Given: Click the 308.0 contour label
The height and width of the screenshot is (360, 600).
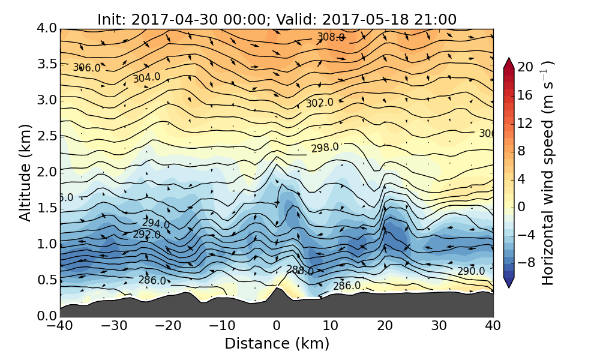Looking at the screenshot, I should [x=331, y=37].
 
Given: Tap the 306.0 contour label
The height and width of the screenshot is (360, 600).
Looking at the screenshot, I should [x=87, y=68].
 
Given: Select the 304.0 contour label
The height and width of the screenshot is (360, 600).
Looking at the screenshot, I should [x=146, y=77].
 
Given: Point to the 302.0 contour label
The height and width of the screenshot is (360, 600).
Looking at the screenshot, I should [x=319, y=103].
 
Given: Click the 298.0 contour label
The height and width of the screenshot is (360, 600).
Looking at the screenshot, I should [x=325, y=148].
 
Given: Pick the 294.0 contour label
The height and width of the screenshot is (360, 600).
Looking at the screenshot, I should [x=155, y=224].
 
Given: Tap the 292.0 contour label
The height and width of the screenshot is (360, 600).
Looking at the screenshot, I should [x=146, y=235].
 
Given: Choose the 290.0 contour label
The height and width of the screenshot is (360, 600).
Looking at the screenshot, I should [x=470, y=271].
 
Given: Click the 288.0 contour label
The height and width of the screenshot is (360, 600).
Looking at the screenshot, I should [x=299, y=271].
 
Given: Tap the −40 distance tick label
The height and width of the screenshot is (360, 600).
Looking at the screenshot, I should [x=60, y=326].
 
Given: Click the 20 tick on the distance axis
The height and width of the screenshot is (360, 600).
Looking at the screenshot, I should [x=385, y=326].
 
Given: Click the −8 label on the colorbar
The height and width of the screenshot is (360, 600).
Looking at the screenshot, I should [x=526, y=262].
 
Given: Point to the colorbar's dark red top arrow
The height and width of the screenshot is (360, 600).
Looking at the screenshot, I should [x=508, y=62].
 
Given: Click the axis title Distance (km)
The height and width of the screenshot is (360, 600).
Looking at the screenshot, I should [x=277, y=344].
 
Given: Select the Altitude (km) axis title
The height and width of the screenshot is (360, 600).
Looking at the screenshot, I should [x=25, y=172].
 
